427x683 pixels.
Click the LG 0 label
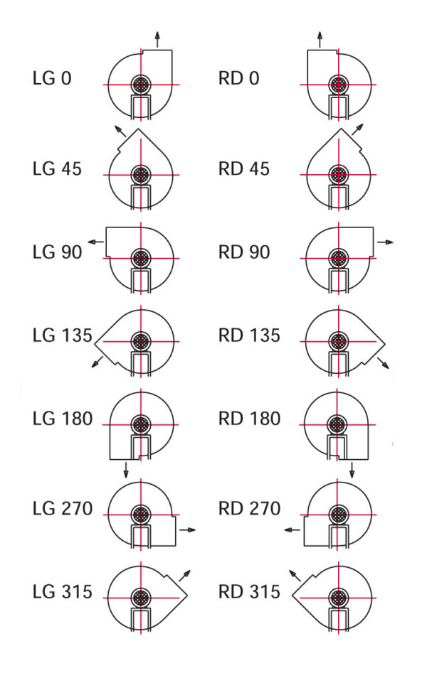[x=52, y=78]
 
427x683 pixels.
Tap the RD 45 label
[x=244, y=169]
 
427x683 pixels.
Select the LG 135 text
[x=63, y=335]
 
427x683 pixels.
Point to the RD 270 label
[x=249, y=508]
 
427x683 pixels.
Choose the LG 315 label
[x=63, y=591]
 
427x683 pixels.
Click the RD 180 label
[x=249, y=419]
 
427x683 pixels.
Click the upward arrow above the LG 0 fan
[x=157, y=39]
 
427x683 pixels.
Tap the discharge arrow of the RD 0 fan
[x=320, y=39]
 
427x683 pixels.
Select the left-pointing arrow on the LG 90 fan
[x=96, y=242]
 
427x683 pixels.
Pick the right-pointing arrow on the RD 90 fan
[x=386, y=242]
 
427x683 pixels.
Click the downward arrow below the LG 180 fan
[x=126, y=470]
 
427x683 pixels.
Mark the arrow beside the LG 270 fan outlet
[x=188, y=529]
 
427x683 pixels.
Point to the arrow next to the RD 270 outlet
[x=292, y=529]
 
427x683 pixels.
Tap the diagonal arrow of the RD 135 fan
[x=383, y=363]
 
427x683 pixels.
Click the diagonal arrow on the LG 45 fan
[x=120, y=131]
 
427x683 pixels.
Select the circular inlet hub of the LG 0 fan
[x=141, y=85]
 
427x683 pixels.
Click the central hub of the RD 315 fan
[x=338, y=598]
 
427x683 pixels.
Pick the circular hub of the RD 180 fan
[x=337, y=424]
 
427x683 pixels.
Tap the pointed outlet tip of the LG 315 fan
[x=187, y=596]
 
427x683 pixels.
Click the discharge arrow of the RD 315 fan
[x=295, y=576]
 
